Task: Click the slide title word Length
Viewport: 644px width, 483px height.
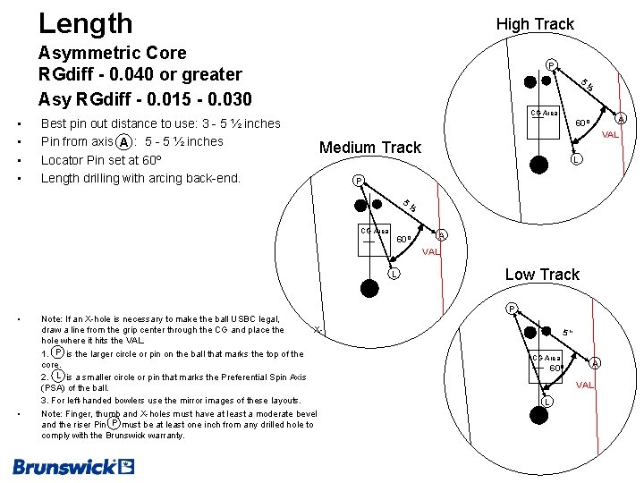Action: point(85,23)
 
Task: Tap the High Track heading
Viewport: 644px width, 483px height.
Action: point(535,24)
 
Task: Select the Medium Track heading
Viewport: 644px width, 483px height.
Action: point(370,148)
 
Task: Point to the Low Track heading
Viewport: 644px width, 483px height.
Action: point(542,275)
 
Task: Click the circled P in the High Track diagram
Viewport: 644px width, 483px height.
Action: point(552,64)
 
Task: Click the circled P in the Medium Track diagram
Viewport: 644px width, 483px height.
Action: point(359,180)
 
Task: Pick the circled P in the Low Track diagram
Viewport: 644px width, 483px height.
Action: point(512,309)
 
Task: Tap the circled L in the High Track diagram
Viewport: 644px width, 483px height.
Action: point(578,160)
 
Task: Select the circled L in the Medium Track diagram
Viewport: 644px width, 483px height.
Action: point(393,274)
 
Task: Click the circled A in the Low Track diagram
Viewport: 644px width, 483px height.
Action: point(595,362)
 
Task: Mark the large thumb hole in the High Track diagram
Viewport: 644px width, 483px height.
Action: point(540,164)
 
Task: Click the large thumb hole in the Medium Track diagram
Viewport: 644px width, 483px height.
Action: point(369,286)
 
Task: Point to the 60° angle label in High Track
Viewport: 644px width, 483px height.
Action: point(581,123)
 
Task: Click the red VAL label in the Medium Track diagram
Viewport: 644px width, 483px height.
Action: point(431,252)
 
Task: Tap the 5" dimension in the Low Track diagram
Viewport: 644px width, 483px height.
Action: point(568,333)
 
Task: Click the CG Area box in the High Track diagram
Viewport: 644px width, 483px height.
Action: point(544,114)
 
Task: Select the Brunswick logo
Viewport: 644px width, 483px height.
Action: point(73,466)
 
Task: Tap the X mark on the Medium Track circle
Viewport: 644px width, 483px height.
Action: point(318,330)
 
